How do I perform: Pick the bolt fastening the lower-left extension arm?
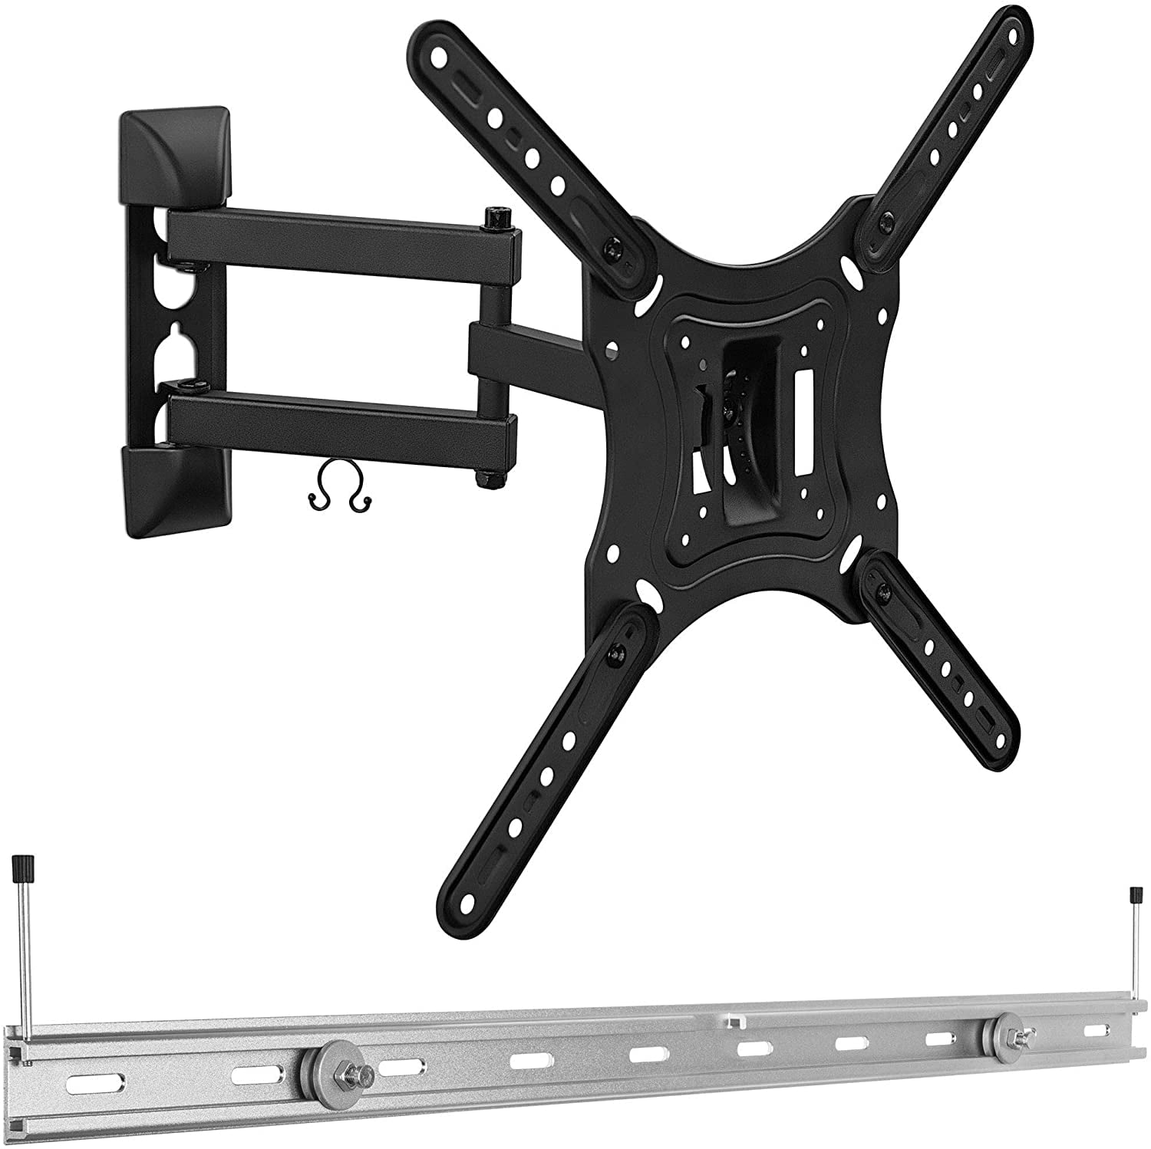pos(614,654)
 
